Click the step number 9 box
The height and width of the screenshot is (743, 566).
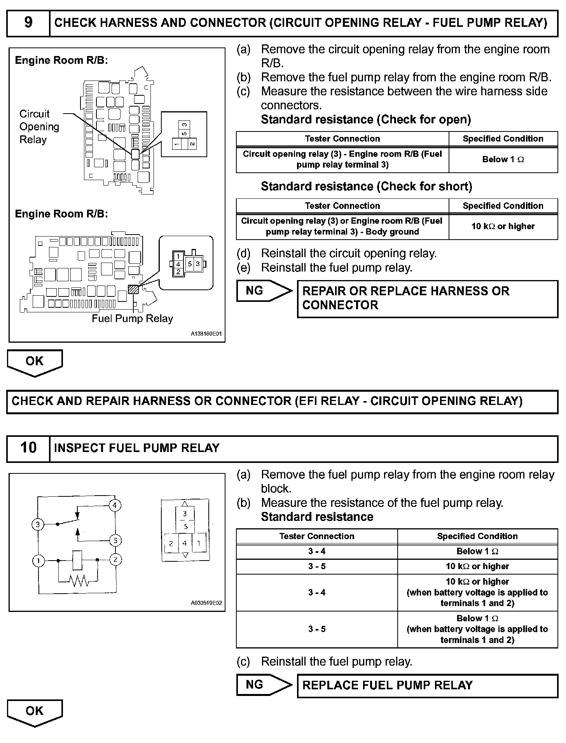pyautogui.click(x=28, y=23)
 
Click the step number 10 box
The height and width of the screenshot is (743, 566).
pyautogui.click(x=28, y=448)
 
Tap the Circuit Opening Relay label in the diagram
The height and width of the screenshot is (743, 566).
pyautogui.click(x=39, y=126)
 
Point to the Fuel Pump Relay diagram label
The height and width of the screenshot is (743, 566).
pyautogui.click(x=132, y=319)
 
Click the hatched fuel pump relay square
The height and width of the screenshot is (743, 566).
pyautogui.click(x=133, y=289)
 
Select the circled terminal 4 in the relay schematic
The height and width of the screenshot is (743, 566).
pyautogui.click(x=115, y=505)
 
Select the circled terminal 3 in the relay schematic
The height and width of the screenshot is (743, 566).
pyautogui.click(x=38, y=524)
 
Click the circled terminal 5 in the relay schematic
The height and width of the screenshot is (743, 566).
pyautogui.click(x=115, y=540)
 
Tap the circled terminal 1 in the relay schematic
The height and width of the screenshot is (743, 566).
pyautogui.click(x=38, y=561)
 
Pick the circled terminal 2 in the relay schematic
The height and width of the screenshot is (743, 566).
pyautogui.click(x=115, y=560)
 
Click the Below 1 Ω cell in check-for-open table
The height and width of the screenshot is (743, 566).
pyautogui.click(x=503, y=159)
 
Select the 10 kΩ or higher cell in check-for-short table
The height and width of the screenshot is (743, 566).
pyautogui.click(x=503, y=226)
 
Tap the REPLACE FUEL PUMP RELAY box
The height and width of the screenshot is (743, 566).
pyautogui.click(x=427, y=685)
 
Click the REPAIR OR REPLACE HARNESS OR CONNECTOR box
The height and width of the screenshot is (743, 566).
pyautogui.click(x=427, y=298)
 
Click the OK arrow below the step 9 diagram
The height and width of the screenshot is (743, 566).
pyautogui.click(x=35, y=362)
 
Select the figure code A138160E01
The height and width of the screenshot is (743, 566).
pyautogui.click(x=206, y=334)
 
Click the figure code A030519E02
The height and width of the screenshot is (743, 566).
pyautogui.click(x=206, y=603)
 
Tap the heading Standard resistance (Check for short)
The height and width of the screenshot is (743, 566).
pyautogui.click(x=366, y=187)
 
